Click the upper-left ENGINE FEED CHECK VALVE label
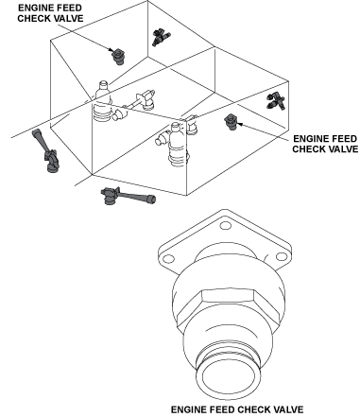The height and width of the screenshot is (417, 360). click(50, 13)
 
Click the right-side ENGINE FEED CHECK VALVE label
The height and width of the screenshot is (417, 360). click(325, 144)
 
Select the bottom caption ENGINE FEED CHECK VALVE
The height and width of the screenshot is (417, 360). click(237, 409)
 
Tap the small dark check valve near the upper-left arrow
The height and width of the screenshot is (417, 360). click(118, 57)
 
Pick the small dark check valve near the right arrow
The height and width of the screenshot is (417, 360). click(231, 122)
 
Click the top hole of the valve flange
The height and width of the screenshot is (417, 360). click(225, 226)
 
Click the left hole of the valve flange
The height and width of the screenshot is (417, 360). click(169, 259)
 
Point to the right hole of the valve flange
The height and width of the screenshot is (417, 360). click(282, 256)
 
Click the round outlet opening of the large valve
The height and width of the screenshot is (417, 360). click(228, 377)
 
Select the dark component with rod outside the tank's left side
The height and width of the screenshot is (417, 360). click(45, 151)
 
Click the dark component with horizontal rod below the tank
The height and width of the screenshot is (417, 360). click(128, 196)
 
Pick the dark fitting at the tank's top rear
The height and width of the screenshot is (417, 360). click(161, 36)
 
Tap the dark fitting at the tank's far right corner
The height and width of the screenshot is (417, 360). click(276, 101)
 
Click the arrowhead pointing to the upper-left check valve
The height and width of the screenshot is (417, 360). click(111, 49)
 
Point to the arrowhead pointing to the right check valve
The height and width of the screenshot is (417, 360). click(239, 124)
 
